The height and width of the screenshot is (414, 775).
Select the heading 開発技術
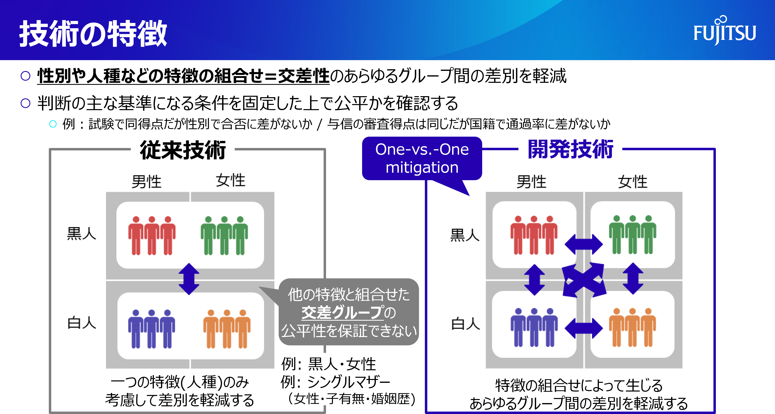(x=570, y=149)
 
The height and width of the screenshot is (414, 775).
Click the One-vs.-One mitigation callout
(x=422, y=159)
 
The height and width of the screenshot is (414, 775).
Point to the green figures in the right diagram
(x=632, y=235)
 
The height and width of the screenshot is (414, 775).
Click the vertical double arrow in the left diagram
(x=189, y=279)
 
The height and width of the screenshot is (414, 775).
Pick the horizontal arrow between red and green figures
(x=583, y=244)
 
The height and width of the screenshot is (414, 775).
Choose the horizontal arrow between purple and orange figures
(x=583, y=328)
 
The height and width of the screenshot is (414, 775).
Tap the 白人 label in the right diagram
(x=465, y=324)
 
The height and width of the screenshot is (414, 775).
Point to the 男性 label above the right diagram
(x=531, y=182)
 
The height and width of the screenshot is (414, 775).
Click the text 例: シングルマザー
(x=335, y=382)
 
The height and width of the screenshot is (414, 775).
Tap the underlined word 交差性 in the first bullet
(x=304, y=76)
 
